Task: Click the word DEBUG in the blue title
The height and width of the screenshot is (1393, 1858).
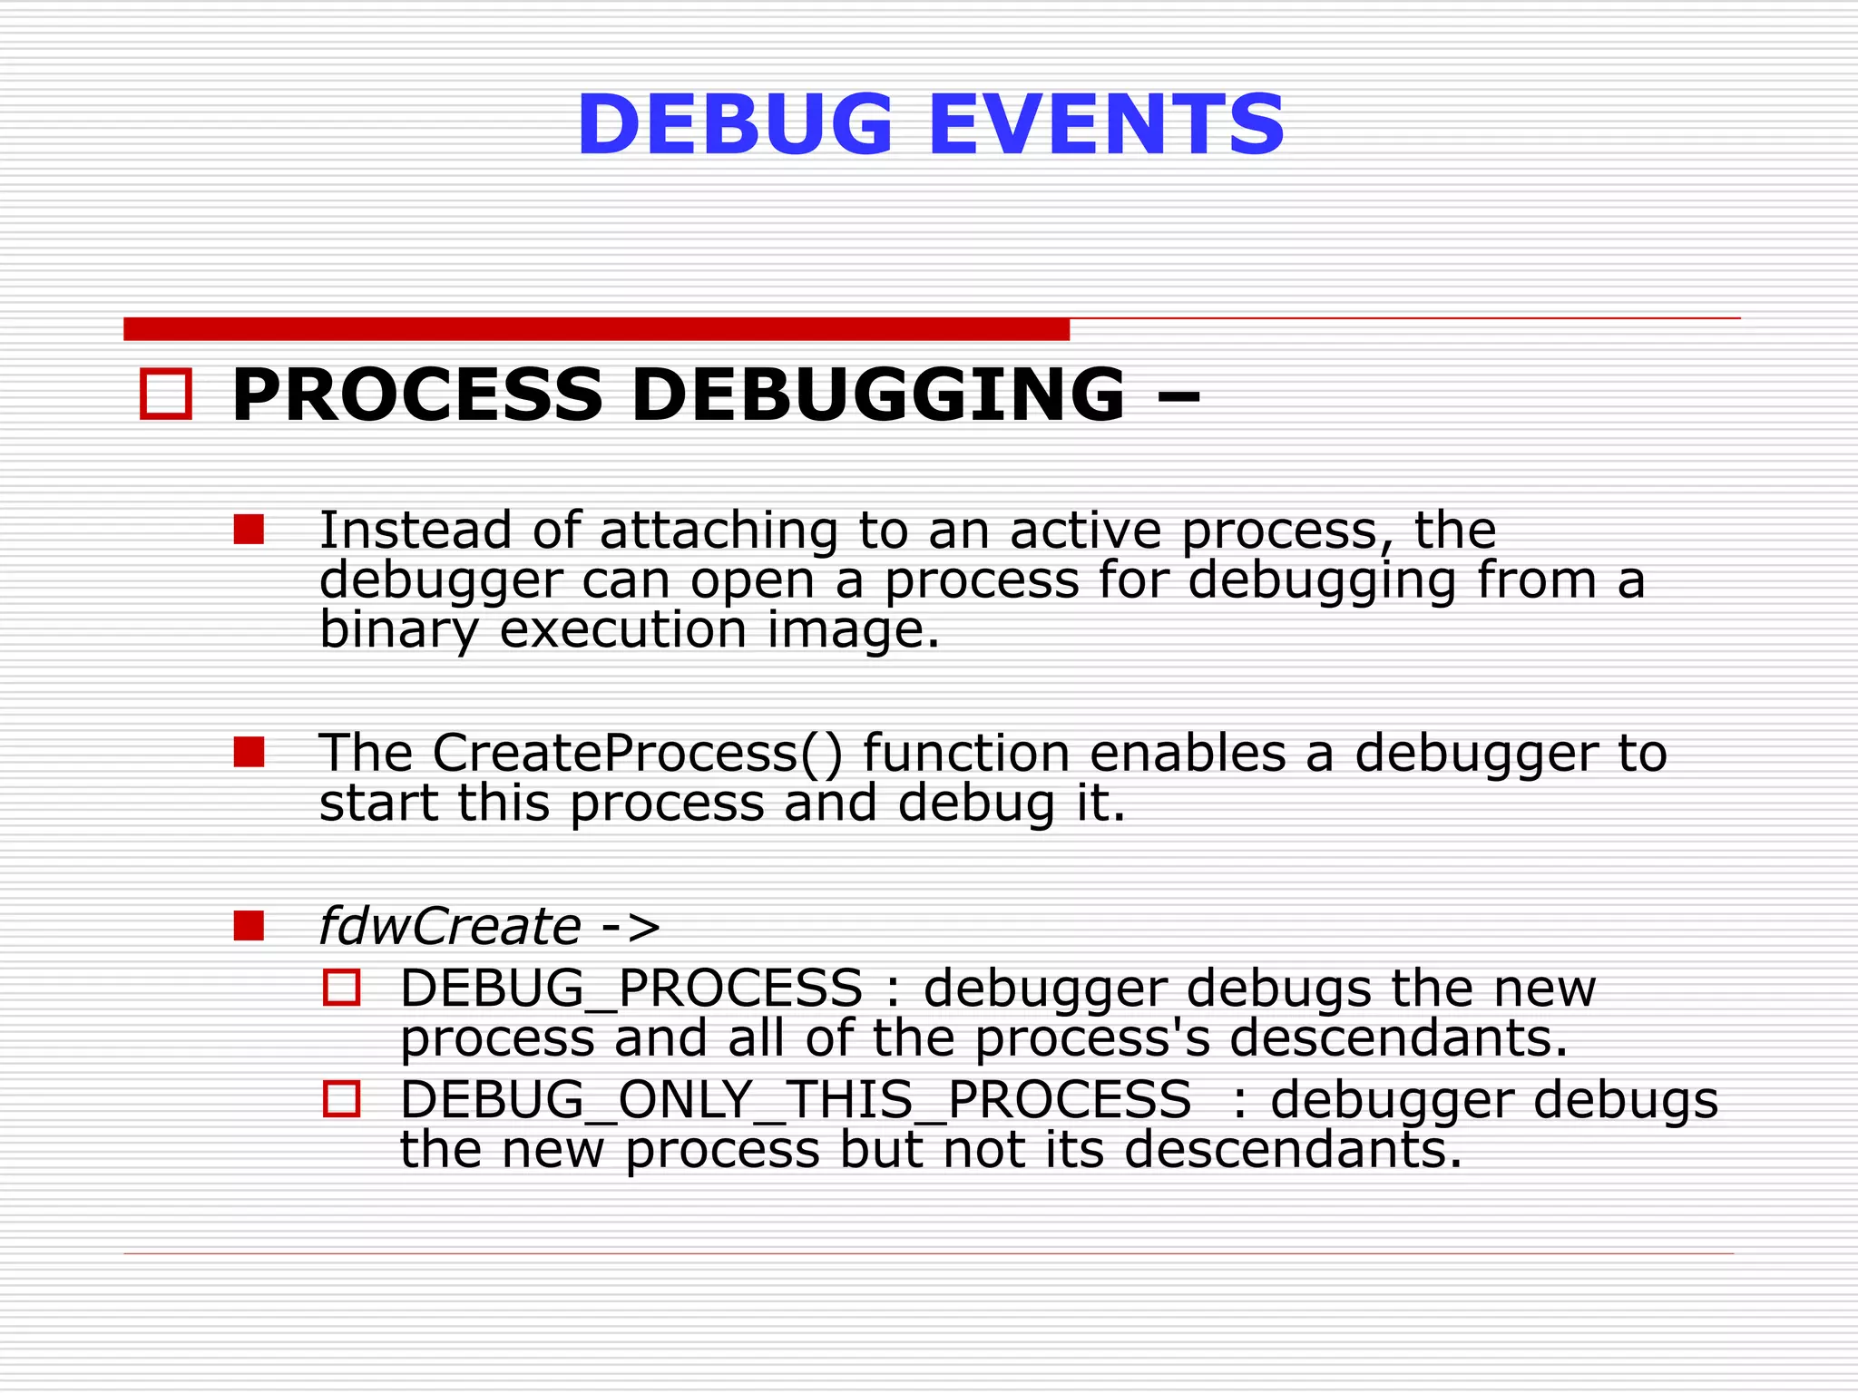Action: (735, 125)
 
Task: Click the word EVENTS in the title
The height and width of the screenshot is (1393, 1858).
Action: (1106, 125)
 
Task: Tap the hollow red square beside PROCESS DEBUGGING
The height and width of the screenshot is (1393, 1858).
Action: (166, 395)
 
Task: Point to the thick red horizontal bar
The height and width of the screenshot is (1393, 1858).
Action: (596, 329)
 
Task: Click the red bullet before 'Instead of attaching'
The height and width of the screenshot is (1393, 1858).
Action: (249, 530)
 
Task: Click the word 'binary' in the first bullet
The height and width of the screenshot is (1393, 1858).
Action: (398, 629)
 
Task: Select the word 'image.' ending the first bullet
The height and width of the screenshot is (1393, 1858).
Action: (853, 629)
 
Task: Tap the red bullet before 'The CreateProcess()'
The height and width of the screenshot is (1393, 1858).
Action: (249, 752)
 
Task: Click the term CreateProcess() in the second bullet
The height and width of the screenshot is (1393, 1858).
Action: (637, 753)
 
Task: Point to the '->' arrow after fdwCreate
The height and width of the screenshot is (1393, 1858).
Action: (631, 926)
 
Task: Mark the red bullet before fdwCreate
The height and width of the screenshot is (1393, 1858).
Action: (249, 926)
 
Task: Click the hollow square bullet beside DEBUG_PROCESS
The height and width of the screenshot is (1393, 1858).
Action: (342, 988)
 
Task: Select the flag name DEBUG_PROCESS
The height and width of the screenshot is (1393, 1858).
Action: (631, 988)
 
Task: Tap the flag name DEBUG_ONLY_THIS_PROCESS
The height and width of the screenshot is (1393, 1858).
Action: (796, 1100)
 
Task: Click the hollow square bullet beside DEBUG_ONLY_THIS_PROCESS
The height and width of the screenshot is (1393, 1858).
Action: (342, 1099)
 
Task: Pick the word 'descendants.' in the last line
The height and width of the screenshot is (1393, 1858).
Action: (1293, 1149)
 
